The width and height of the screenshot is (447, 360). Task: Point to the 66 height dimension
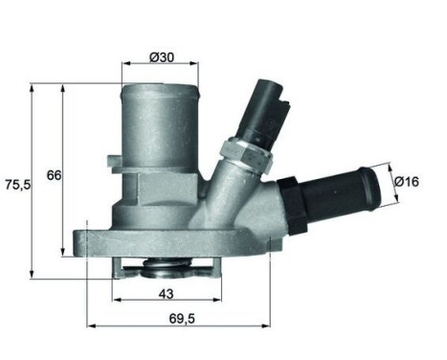click(x=55, y=175)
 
